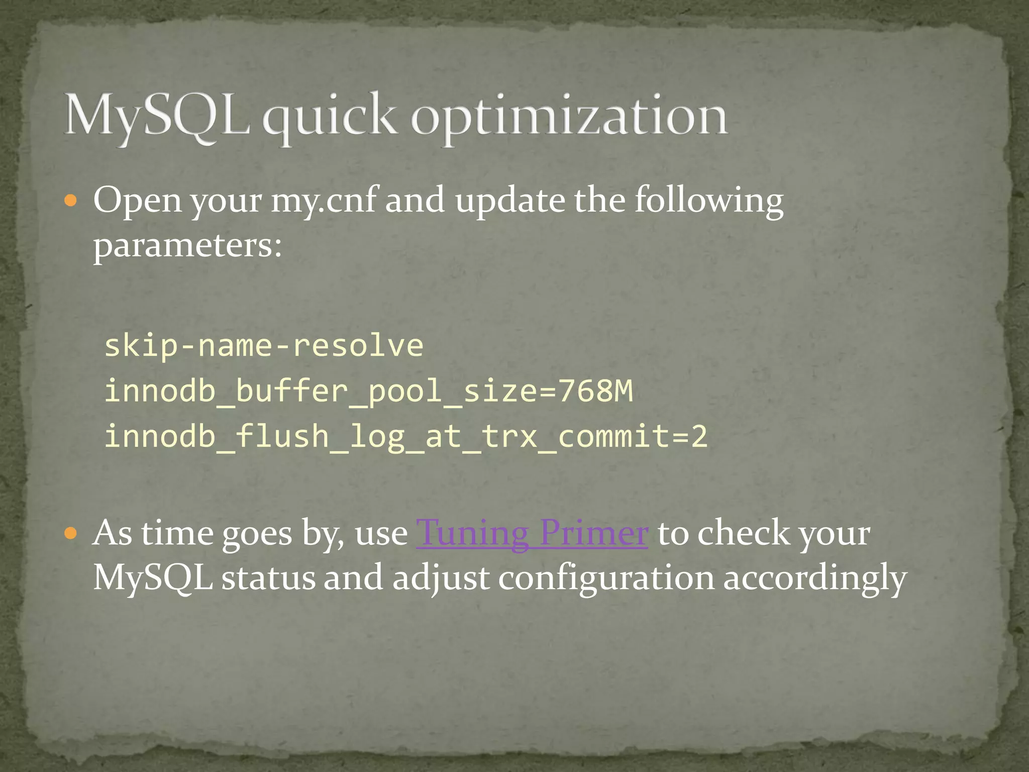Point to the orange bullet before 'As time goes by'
pyautogui.click(x=71, y=534)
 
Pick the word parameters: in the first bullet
pyautogui.click(x=188, y=246)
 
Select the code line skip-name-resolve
pyautogui.click(x=264, y=346)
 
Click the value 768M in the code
pyautogui.click(x=595, y=391)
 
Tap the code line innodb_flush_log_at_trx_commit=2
pyautogui.click(x=406, y=436)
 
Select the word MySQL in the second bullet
pyautogui.click(x=153, y=578)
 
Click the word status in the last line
pyautogui.click(x=268, y=578)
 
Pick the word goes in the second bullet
pyautogui.click(x=257, y=534)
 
